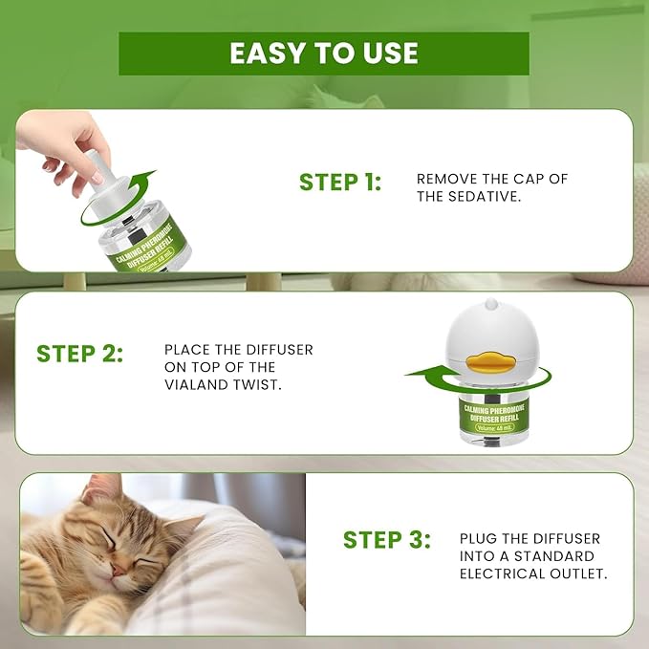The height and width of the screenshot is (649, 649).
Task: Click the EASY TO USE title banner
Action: point(323,54)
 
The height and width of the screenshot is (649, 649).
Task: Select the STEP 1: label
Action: point(340,183)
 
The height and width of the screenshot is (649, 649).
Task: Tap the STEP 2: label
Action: point(80,354)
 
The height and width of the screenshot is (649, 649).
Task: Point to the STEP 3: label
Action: point(387,539)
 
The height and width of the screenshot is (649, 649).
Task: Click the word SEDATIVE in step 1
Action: point(484,197)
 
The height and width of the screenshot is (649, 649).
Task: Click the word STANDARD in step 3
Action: point(559,556)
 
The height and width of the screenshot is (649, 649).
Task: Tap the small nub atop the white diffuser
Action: point(491,306)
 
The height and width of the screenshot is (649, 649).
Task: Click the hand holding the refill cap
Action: point(67,139)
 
